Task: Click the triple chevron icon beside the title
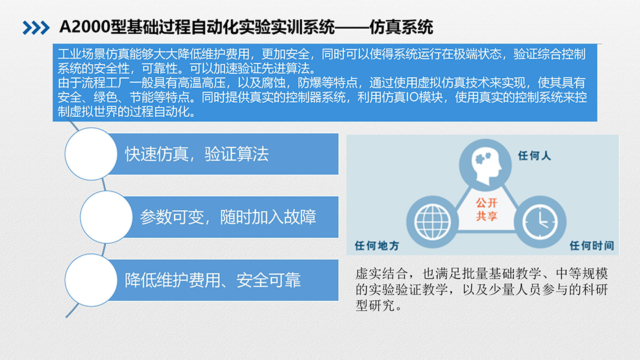(36, 28)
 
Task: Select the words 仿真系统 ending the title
(401, 27)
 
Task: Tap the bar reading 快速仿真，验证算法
(223, 154)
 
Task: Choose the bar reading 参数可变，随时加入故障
(230, 217)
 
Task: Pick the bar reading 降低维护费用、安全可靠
(223, 280)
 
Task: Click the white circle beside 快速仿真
(91, 154)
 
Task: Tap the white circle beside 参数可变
(106, 217)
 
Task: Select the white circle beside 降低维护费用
(91, 280)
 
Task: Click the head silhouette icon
(485, 165)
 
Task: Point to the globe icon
(432, 222)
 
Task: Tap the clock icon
(540, 222)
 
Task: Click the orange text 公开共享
(487, 209)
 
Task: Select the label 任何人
(534, 155)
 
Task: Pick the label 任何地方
(377, 245)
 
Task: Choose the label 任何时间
(592, 245)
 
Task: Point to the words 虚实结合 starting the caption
(381, 273)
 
